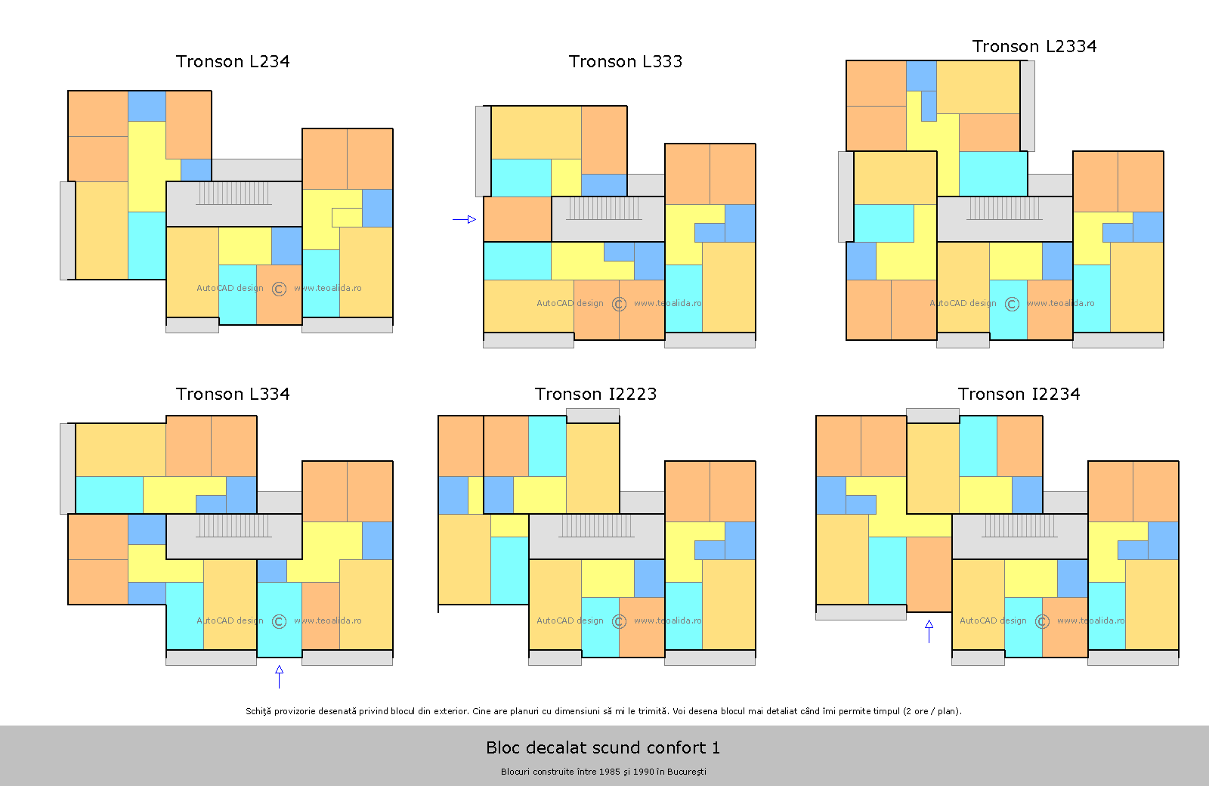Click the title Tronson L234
tap(233, 61)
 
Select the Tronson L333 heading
tap(626, 61)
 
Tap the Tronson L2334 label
tap(1034, 46)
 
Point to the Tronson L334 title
tap(233, 394)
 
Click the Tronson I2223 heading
tap(596, 394)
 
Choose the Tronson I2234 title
tap(1019, 394)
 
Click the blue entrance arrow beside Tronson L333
tap(464, 219)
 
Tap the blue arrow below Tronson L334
tap(279, 677)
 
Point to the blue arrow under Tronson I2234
tap(929, 632)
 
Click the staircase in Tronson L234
tap(233, 193)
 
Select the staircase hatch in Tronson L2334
tap(1004, 209)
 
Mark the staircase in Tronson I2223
tap(596, 526)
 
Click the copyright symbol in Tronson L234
tap(279, 289)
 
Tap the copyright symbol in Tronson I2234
tap(1042, 621)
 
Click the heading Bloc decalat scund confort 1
tap(603, 747)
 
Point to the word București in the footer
tap(687, 772)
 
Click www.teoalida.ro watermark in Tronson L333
tap(668, 303)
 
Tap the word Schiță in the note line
tap(258, 711)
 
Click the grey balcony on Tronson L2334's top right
tap(1027, 106)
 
